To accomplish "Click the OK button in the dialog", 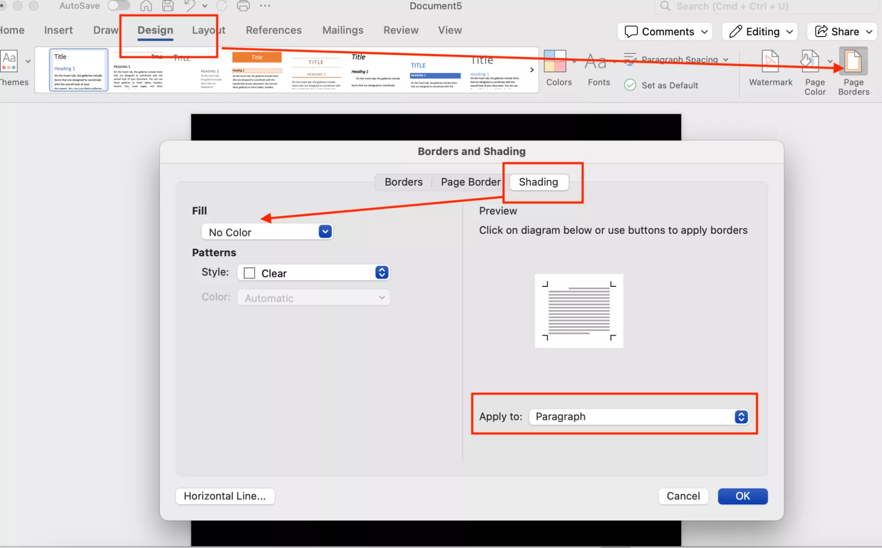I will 742,496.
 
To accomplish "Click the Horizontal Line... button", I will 225,496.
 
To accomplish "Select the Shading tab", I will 538,182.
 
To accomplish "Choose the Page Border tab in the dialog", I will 470,182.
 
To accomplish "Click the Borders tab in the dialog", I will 403,182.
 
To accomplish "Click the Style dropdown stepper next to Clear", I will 382,272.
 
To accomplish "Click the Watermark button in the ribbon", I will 770,68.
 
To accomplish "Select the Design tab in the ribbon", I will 155,30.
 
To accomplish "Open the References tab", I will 274,30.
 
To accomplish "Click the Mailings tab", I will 343,30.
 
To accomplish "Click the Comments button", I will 665,32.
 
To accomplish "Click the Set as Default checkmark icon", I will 630,85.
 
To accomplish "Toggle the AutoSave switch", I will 119,6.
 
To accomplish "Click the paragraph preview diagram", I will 578,311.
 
